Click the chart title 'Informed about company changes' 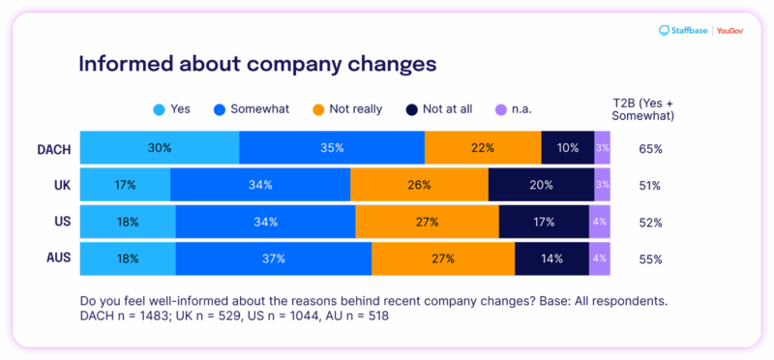[x=256, y=64]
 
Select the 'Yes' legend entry [x=171, y=108]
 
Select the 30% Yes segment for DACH [x=160, y=148]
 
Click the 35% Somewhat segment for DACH [x=332, y=148]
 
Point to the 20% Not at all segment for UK [x=541, y=185]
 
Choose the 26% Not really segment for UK [x=419, y=185]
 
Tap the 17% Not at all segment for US [x=544, y=222]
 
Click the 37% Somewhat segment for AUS [x=274, y=258]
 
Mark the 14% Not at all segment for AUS [x=551, y=258]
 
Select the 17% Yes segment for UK [x=125, y=185]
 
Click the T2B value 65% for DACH [x=650, y=149]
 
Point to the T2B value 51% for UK [x=650, y=186]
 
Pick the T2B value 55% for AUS [x=650, y=259]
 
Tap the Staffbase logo [x=683, y=31]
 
